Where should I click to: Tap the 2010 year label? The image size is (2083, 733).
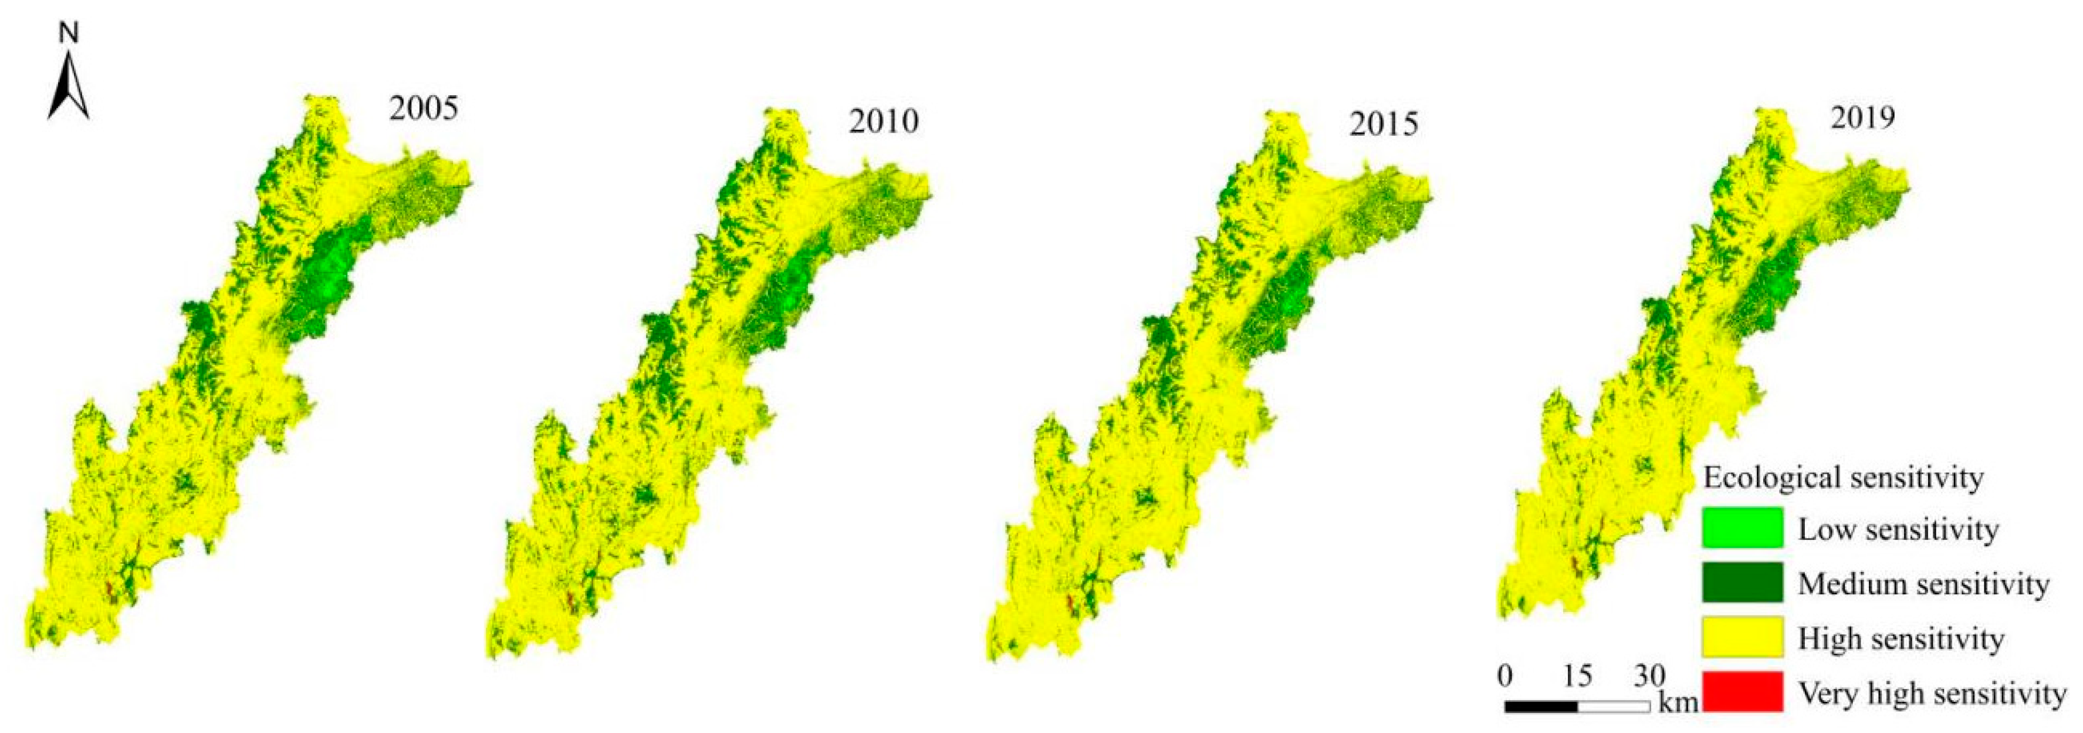pos(883,122)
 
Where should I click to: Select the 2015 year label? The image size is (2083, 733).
pos(1383,124)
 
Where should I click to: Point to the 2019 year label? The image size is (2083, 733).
pos(1862,118)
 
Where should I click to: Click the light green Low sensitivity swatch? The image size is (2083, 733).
pos(1742,527)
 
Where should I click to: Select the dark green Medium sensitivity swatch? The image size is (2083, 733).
pos(1742,583)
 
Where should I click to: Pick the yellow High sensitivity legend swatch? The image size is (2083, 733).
pos(1742,637)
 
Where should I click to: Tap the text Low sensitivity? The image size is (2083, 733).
pos(1898,530)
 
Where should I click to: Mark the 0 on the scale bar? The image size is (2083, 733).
pos(1505,675)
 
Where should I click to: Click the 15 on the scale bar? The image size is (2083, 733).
pos(1577,675)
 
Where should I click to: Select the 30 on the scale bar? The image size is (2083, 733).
pos(1648,675)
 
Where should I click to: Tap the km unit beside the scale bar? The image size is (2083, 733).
pos(1677,702)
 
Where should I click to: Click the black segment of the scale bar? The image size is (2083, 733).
pos(1540,707)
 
